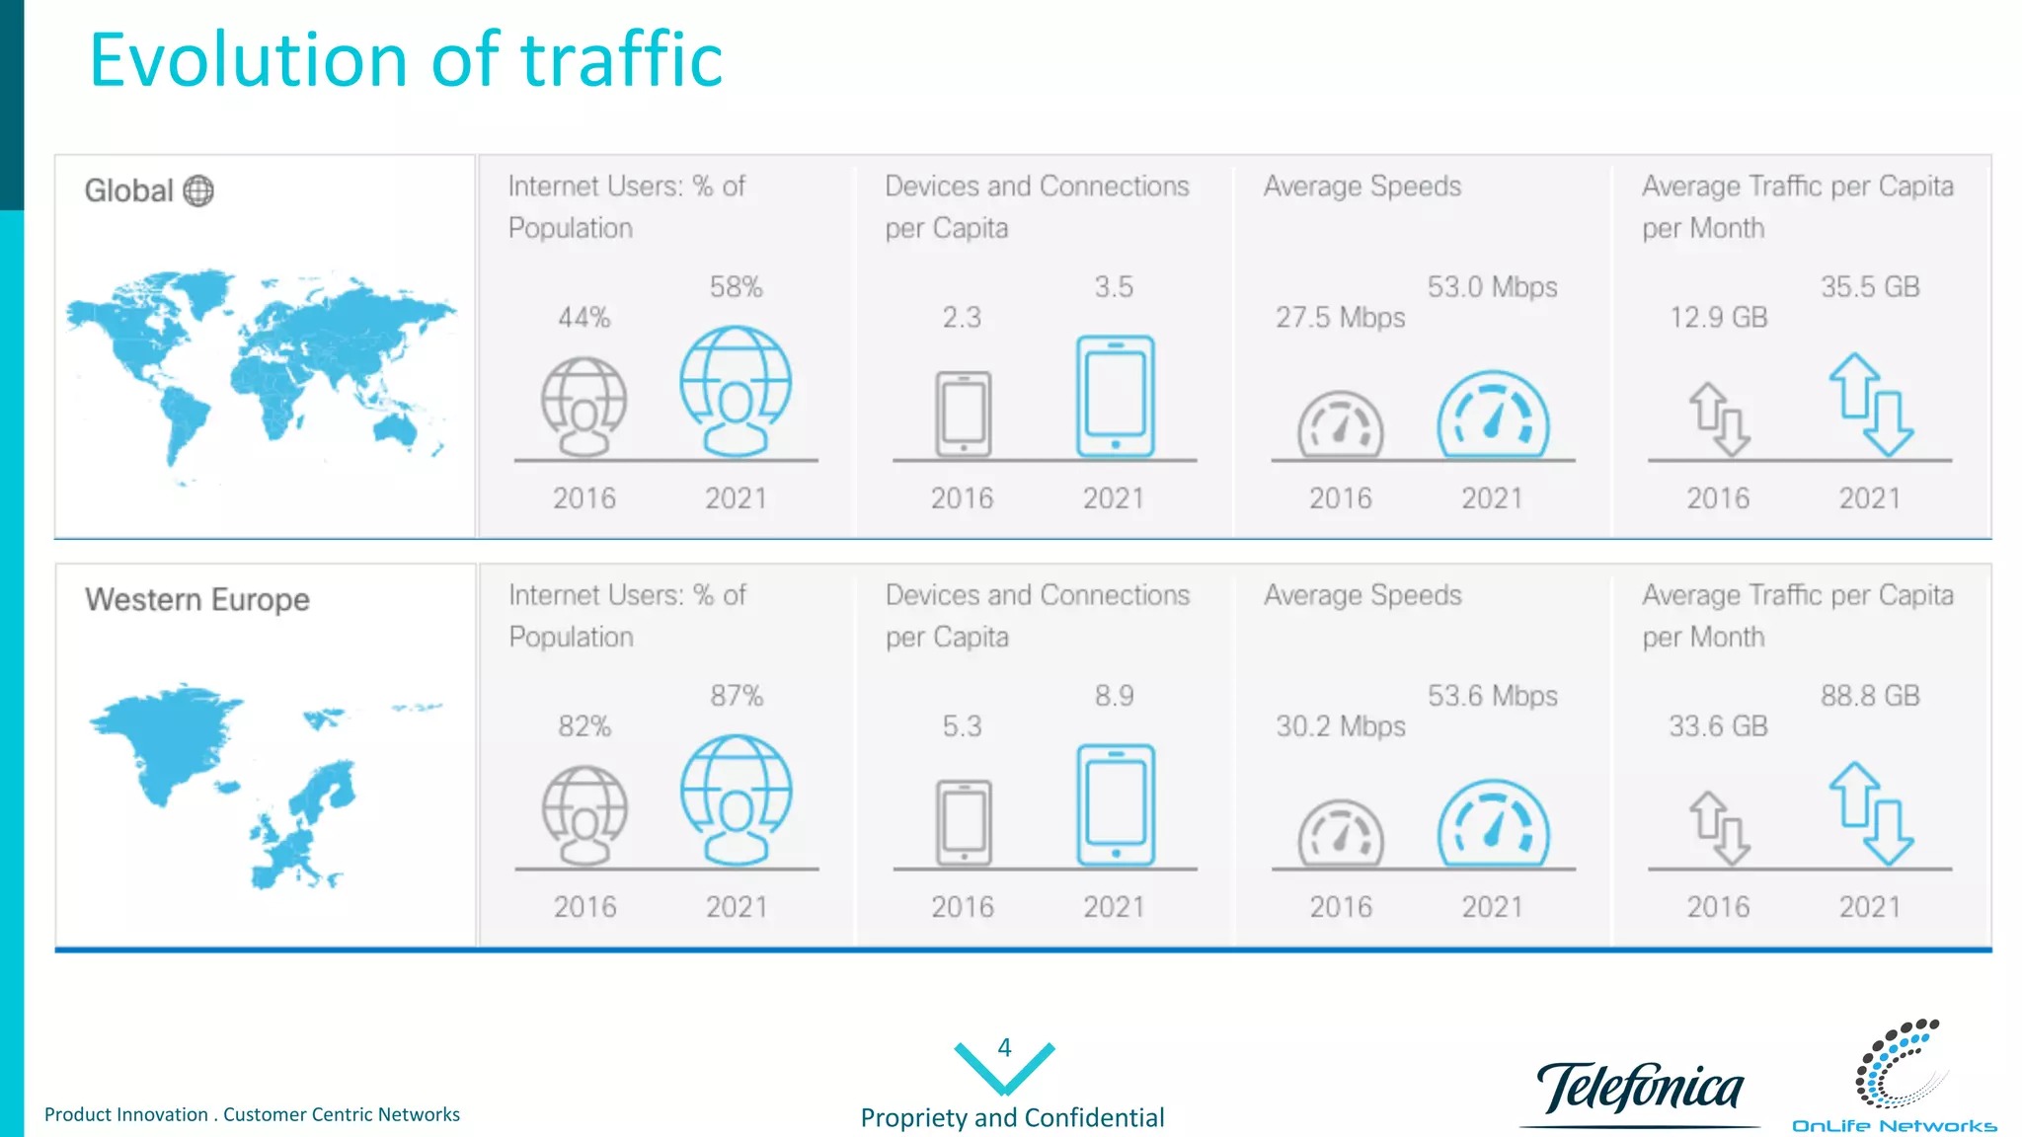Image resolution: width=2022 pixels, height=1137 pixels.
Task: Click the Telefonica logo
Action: click(1640, 1089)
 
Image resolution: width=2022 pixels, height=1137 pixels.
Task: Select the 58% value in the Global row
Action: click(736, 287)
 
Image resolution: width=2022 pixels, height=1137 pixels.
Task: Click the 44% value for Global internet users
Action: click(583, 318)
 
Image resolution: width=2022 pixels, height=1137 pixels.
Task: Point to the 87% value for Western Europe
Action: click(737, 696)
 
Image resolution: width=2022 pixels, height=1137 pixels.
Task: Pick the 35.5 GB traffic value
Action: click(1870, 287)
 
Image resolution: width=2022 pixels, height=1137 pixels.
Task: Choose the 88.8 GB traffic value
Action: click(1870, 696)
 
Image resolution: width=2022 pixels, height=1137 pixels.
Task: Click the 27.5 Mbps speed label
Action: click(1340, 318)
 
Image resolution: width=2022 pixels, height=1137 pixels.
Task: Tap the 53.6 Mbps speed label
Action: click(1492, 696)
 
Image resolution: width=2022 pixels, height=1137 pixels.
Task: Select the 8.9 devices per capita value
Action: click(1114, 696)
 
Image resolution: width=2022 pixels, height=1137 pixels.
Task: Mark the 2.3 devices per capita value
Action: click(962, 318)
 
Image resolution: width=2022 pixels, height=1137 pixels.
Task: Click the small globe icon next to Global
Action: click(198, 190)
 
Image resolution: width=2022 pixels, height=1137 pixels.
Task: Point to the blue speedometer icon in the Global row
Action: click(1493, 415)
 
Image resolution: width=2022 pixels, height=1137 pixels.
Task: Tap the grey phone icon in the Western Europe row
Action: click(964, 822)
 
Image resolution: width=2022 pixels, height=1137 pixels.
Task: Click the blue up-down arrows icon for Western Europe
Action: click(1870, 813)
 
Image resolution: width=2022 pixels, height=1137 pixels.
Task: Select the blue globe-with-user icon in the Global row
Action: click(736, 391)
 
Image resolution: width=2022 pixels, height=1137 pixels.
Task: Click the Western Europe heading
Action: click(197, 599)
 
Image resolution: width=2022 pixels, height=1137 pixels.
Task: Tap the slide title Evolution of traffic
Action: click(406, 60)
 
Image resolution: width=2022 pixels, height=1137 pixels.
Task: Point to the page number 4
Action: click(1004, 1047)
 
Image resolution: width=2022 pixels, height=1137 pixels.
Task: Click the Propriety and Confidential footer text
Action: click(1012, 1117)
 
